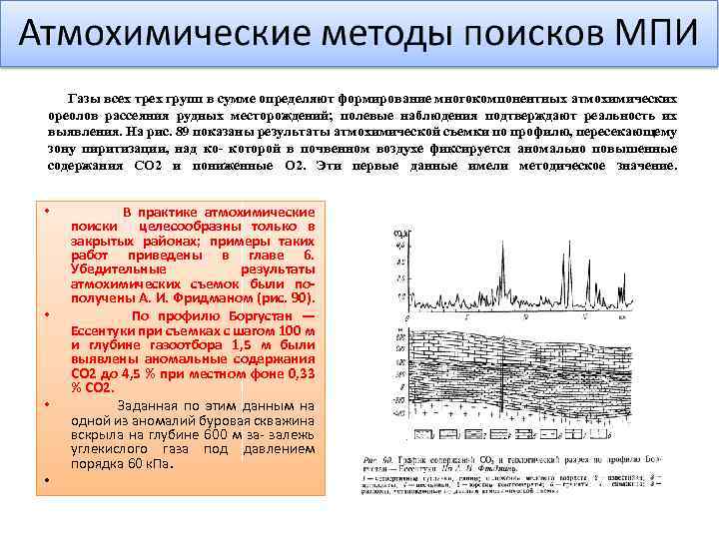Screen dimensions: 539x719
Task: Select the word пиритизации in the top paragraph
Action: click(109, 149)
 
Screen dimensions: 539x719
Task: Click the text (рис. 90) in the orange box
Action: click(285, 297)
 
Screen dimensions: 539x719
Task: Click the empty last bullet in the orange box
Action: click(47, 482)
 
